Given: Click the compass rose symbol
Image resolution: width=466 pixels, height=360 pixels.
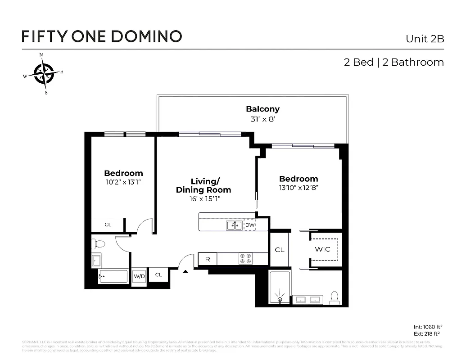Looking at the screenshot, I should click(x=43, y=73).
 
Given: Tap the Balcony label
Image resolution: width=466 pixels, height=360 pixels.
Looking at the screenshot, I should click(x=262, y=109).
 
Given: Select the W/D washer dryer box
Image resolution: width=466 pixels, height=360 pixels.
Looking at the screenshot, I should click(x=139, y=276).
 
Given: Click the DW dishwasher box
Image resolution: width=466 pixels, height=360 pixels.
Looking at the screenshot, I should click(x=249, y=225).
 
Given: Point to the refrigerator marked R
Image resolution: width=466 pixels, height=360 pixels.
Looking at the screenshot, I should click(x=208, y=259).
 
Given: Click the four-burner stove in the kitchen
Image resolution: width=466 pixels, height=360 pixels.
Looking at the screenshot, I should click(x=246, y=258).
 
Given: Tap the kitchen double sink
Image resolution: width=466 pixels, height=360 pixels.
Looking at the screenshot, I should click(x=234, y=225).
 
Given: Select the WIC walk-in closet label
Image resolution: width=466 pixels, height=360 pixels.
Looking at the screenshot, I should click(x=322, y=249).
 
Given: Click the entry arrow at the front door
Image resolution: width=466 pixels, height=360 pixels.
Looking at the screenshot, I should click(x=185, y=271).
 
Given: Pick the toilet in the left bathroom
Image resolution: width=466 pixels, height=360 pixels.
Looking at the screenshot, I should click(x=99, y=244).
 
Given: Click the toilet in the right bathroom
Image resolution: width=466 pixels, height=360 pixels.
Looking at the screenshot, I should click(x=334, y=297).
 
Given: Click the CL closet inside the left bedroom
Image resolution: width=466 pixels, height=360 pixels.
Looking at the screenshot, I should click(x=108, y=225).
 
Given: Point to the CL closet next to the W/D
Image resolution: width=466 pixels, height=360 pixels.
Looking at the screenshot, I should click(x=158, y=274).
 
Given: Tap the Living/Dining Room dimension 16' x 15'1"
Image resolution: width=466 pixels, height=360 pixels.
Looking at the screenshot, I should click(x=204, y=198).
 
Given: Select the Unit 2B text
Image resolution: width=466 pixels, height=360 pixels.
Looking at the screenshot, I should click(x=425, y=39).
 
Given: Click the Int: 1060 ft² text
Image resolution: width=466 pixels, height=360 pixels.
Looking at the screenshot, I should click(x=428, y=327).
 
